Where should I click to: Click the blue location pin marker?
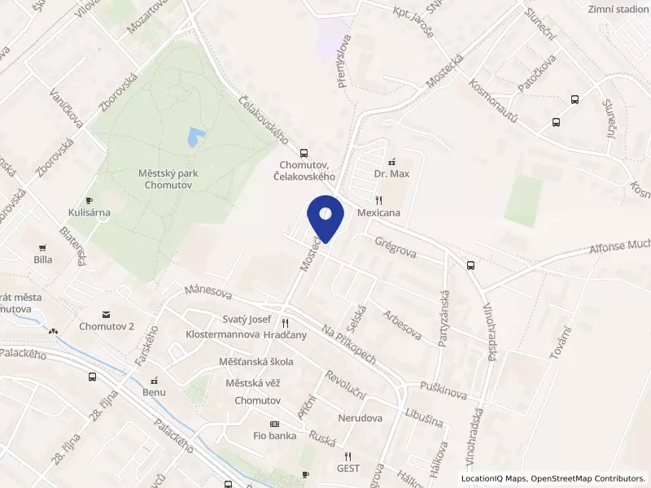(325, 217)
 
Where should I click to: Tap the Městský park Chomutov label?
(168, 179)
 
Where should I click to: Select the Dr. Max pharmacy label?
(391, 174)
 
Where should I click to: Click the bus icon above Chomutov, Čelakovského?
(304, 152)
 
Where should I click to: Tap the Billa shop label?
(43, 259)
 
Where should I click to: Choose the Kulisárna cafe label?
(89, 213)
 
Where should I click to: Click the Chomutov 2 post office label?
(106, 327)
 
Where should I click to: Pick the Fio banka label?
(275, 435)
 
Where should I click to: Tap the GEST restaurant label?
(348, 468)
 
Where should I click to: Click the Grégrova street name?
(395, 247)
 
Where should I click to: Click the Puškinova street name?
(443, 389)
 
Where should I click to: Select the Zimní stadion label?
(618, 8)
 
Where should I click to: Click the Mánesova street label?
(208, 291)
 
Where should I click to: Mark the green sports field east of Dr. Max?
(522, 202)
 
